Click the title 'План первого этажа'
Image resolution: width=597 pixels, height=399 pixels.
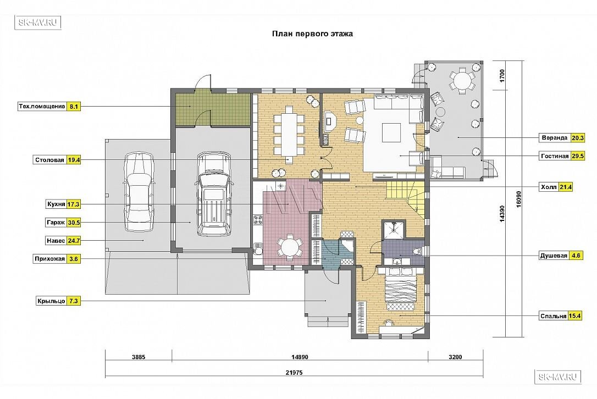pyautogui.click(x=312, y=34)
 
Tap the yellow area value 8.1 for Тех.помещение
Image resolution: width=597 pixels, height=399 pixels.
pyautogui.click(x=74, y=107)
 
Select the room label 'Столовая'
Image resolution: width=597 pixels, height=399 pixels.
pyautogui.click(x=49, y=160)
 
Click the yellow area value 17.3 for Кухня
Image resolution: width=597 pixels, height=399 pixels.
pyautogui.click(x=74, y=204)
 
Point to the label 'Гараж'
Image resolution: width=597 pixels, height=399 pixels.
pyautogui.click(x=56, y=223)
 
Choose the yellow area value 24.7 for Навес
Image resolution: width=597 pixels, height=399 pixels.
pyautogui.click(x=74, y=241)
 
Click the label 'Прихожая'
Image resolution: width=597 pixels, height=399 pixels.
pyautogui.click(x=50, y=259)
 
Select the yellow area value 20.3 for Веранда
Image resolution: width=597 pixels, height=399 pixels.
pyautogui.click(x=578, y=138)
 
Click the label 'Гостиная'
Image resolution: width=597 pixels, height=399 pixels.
pyautogui.click(x=555, y=156)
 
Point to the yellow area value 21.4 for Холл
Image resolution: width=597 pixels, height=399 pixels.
pyautogui.click(x=565, y=187)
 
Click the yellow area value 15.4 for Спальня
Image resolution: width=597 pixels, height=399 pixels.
pyautogui.click(x=574, y=316)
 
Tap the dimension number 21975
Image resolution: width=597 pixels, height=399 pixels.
pyautogui.click(x=294, y=373)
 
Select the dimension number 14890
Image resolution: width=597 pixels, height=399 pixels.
pyautogui.click(x=300, y=357)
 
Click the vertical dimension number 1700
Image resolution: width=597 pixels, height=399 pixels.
pyautogui.click(x=502, y=76)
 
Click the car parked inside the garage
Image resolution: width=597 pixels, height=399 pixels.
pyautogui.click(x=213, y=194)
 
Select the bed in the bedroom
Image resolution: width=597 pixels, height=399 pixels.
pyautogui.click(x=401, y=287)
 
